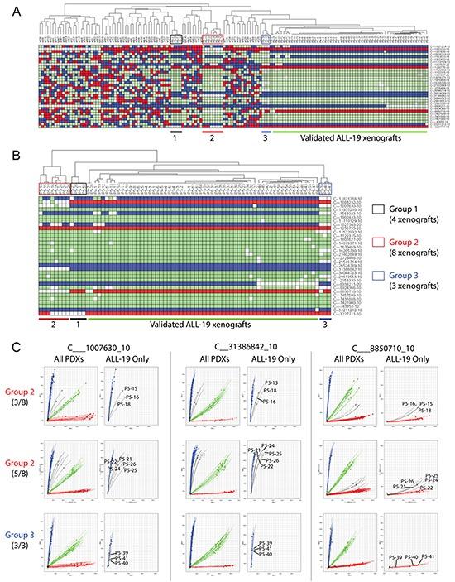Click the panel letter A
tap(12, 7)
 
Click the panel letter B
tap(12, 150)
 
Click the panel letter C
tap(12, 339)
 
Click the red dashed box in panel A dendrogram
tap(213, 39)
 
